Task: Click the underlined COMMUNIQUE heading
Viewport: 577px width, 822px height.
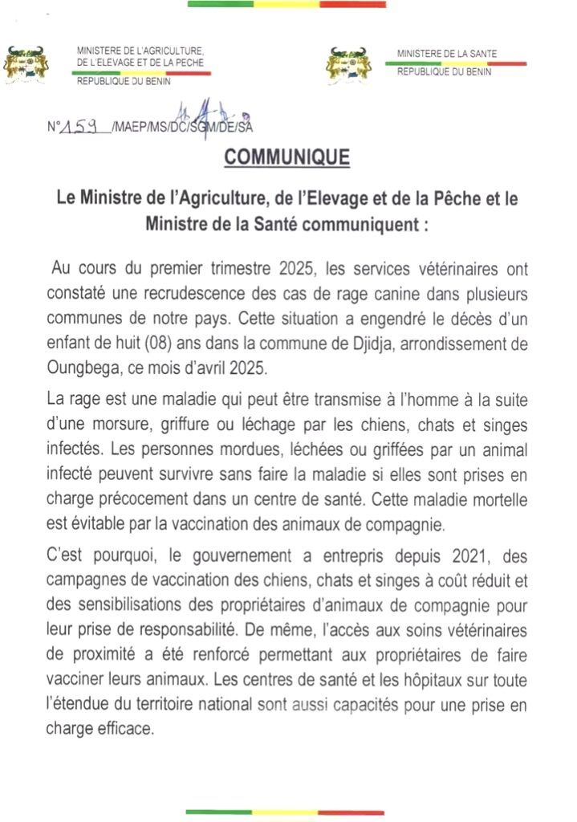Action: click(x=287, y=157)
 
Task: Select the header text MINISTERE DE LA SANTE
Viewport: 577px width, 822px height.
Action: click(x=446, y=54)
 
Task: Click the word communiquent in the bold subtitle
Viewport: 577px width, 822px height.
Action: click(x=339, y=226)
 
